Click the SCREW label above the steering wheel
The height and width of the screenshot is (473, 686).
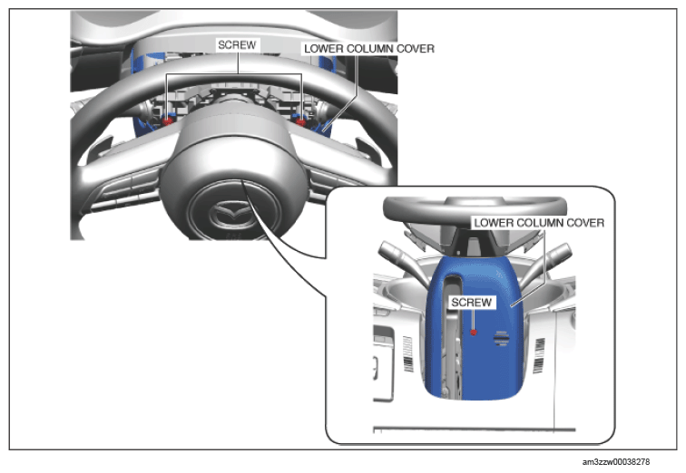tap(237, 45)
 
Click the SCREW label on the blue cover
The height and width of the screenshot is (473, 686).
tap(471, 303)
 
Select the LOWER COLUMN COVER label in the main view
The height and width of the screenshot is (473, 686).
tap(369, 49)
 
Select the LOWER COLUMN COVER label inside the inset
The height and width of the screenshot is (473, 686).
tap(539, 223)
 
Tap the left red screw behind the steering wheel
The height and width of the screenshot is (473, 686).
tap(167, 121)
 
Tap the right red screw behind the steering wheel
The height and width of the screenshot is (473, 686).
tap(301, 121)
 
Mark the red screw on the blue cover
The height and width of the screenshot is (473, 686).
tap(474, 333)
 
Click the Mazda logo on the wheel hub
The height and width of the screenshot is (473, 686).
tap(230, 214)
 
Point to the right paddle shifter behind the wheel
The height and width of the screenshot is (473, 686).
tap(367, 150)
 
